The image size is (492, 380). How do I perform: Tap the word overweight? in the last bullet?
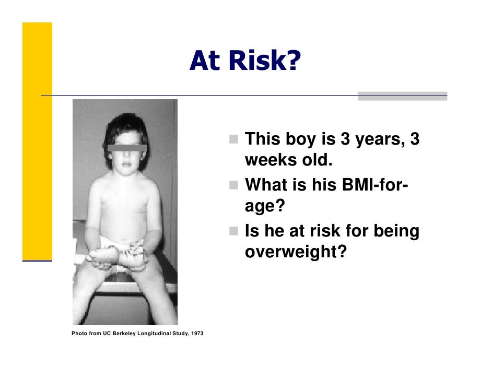coord(296,252)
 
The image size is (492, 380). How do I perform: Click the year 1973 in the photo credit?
coord(197,333)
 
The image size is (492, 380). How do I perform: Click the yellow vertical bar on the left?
coord(37,141)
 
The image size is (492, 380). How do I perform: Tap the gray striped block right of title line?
coord(402,96)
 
